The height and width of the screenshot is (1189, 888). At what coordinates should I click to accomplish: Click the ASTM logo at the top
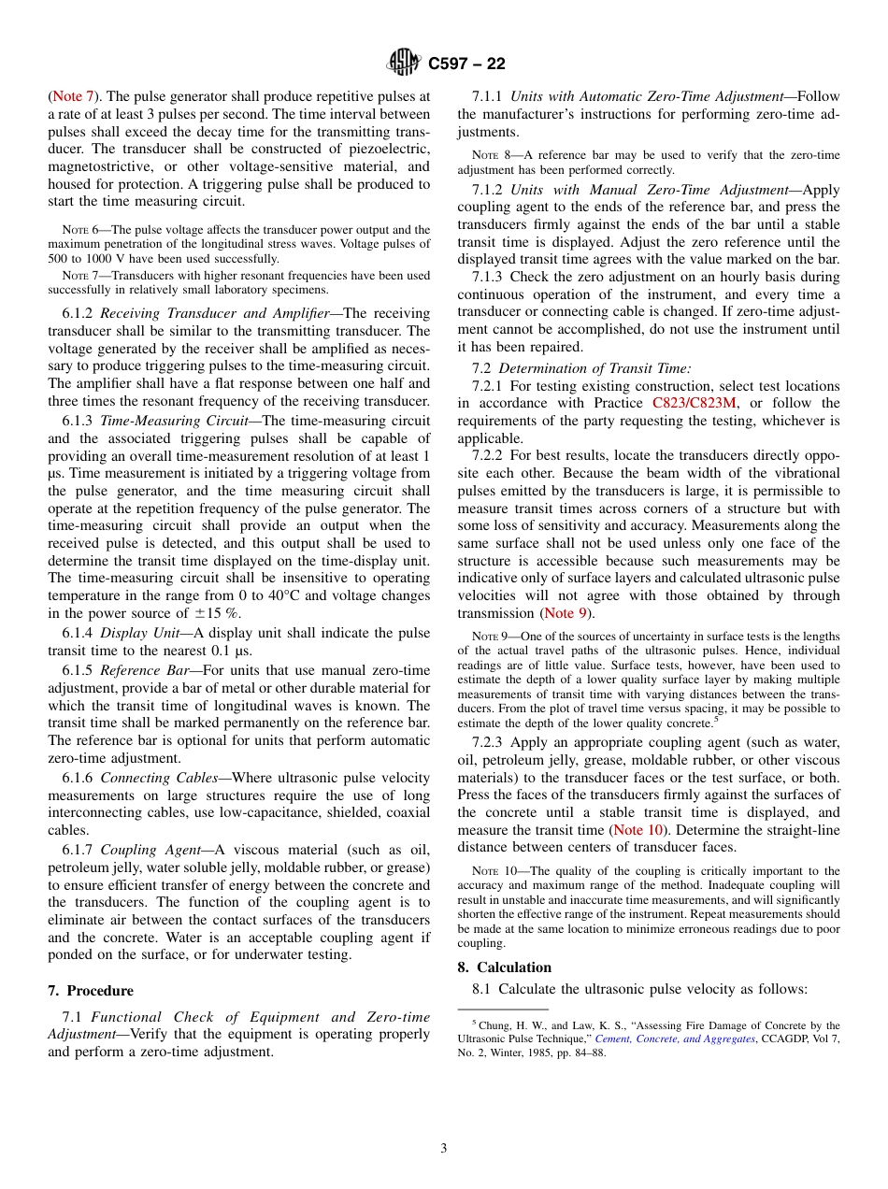[404, 64]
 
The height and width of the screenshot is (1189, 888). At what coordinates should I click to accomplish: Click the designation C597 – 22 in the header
[466, 64]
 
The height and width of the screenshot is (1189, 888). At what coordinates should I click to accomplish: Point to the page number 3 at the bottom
[444, 1148]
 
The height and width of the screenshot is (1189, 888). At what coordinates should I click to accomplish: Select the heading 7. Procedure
[91, 991]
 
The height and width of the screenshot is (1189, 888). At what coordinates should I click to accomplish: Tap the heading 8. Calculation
[505, 967]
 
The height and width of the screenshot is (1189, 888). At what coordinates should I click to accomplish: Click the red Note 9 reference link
[566, 613]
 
